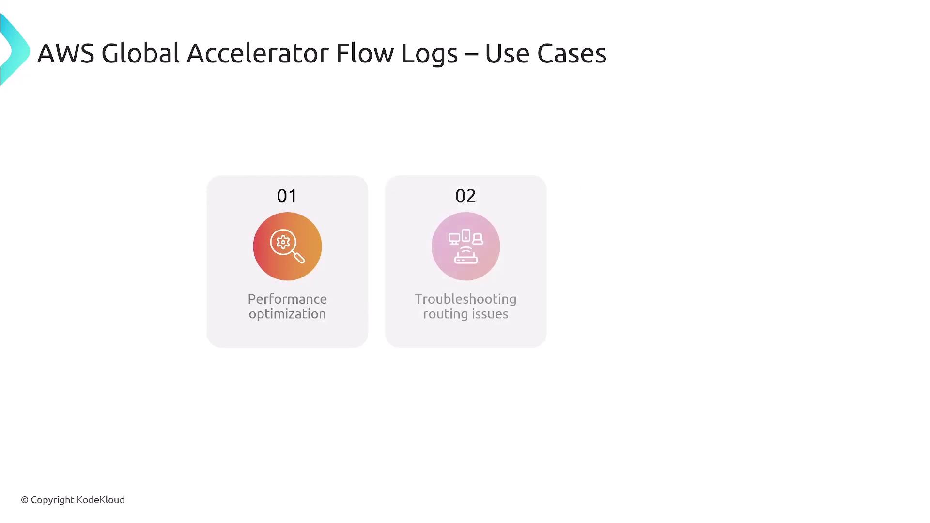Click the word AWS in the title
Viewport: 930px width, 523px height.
click(65, 53)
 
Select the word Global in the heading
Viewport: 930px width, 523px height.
click(140, 53)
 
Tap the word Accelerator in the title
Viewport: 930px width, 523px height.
click(257, 53)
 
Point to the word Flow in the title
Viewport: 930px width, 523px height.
click(365, 53)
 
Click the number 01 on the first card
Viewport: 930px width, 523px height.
click(287, 196)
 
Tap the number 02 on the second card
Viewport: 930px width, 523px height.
click(465, 196)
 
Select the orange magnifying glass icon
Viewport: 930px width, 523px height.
click(287, 246)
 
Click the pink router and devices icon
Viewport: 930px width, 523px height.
click(465, 246)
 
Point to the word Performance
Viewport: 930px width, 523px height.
click(287, 299)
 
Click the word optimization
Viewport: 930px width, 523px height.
click(287, 314)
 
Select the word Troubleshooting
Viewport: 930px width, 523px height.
click(465, 299)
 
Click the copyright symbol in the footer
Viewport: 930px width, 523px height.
click(25, 500)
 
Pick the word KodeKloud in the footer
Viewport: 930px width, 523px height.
click(101, 500)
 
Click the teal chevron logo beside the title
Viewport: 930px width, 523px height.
click(15, 49)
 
